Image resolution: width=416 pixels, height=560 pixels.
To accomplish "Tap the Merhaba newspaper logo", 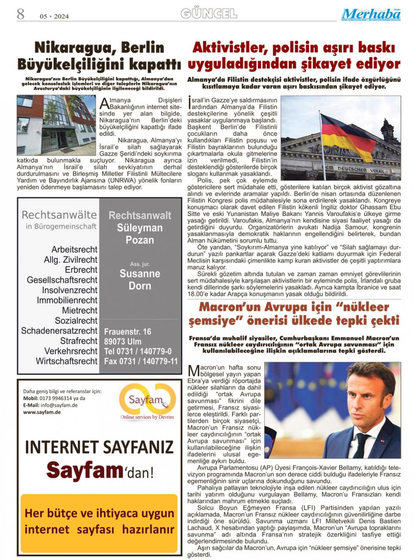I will [x=371, y=14].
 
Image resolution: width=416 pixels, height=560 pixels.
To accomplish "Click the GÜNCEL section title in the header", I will [x=209, y=14].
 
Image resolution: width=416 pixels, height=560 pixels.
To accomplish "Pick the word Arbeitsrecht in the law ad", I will [x=74, y=249].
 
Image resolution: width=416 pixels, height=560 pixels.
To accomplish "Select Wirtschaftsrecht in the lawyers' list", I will [x=67, y=361].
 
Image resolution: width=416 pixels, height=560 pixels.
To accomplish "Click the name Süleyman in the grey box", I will [x=140, y=228].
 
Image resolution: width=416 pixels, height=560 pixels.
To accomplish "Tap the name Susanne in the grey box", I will [x=140, y=274].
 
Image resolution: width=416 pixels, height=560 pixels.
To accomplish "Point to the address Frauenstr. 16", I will [x=127, y=332].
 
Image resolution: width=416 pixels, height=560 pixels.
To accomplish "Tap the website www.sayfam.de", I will [x=42, y=412].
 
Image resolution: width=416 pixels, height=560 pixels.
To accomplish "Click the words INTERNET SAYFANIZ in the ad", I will [x=99, y=447].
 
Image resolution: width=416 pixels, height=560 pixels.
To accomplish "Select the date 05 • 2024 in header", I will [x=54, y=16].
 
